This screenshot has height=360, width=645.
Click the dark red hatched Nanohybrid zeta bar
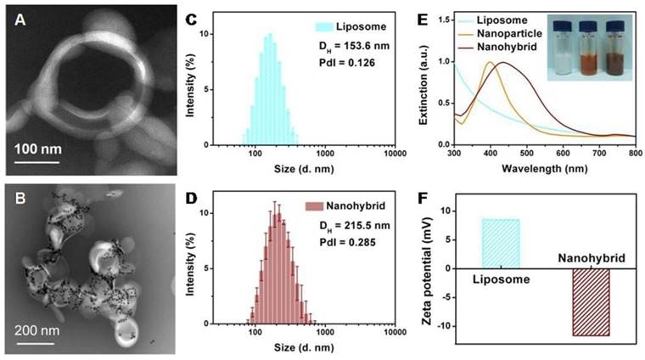pyautogui.click(x=587, y=301)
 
